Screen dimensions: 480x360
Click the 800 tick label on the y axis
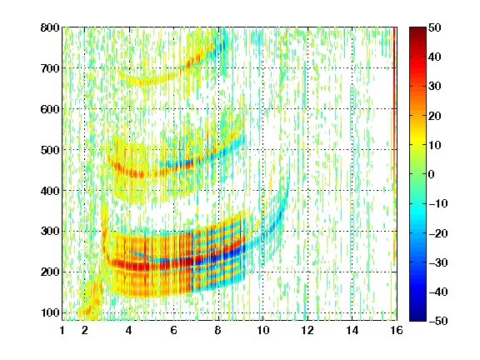(50, 27)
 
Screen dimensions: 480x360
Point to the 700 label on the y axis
(50, 68)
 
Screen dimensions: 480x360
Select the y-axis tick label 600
(50, 109)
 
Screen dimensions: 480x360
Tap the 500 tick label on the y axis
(50, 150)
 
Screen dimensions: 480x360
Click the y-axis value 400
(50, 191)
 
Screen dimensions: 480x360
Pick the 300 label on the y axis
(50, 231)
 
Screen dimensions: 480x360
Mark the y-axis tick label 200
(50, 272)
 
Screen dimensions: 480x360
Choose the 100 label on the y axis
(50, 312)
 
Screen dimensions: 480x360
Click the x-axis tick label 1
(62, 330)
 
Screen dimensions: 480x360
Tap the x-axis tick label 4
(129, 330)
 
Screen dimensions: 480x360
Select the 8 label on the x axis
(218, 330)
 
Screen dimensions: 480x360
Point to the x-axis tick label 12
(307, 330)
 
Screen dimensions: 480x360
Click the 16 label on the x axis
(397, 330)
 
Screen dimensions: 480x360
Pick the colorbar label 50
(435, 27)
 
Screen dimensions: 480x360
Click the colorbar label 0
(432, 174)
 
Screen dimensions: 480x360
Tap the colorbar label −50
(437, 321)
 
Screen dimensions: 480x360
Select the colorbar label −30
(437, 262)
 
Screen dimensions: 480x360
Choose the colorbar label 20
(435, 116)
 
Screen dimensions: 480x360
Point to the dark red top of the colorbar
(417, 32)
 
